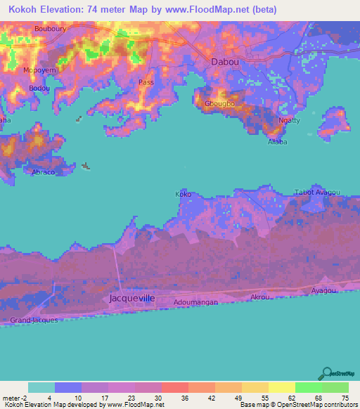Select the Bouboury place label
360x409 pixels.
pyautogui.click(x=49, y=29)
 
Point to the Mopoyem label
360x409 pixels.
pyautogui.click(x=40, y=72)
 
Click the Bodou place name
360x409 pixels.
pyautogui.click(x=39, y=88)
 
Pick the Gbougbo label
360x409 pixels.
pyautogui.click(x=218, y=104)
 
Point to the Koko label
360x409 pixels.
pyautogui.click(x=183, y=194)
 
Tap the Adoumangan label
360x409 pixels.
pyautogui.click(x=199, y=302)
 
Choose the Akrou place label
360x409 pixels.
pyautogui.click(x=260, y=297)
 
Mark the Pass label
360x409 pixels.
pyautogui.click(x=146, y=82)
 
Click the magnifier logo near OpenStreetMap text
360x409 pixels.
pyautogui.click(x=326, y=375)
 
